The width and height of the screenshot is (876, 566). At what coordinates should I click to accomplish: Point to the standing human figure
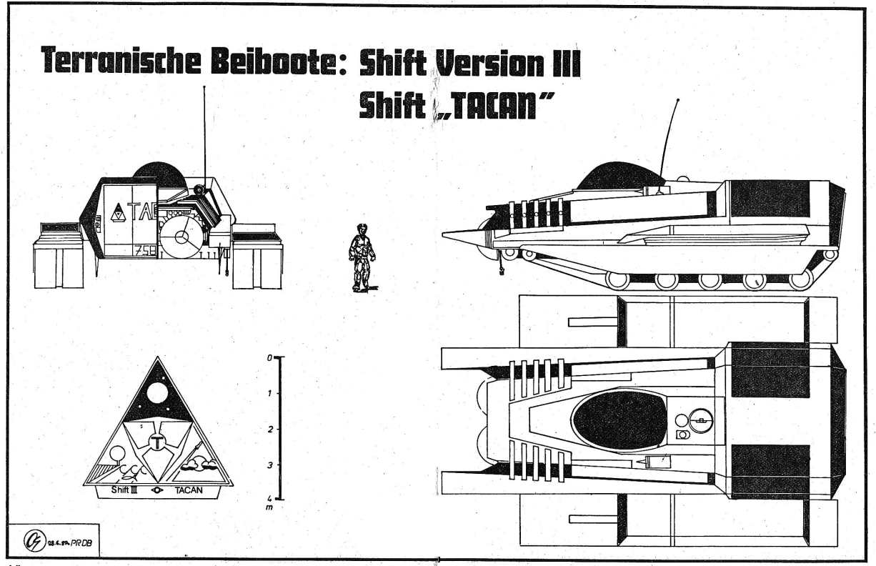pos(361,257)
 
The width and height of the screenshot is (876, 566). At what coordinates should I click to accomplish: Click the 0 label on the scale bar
pos(269,357)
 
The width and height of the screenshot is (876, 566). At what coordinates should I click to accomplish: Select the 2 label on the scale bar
pos(269,429)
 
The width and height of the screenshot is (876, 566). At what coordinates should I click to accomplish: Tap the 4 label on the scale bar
pos(269,498)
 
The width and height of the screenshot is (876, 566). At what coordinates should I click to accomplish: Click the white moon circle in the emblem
pos(157,392)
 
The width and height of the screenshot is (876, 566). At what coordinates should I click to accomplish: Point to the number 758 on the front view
pos(144,252)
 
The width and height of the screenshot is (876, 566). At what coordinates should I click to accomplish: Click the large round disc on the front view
pos(181,236)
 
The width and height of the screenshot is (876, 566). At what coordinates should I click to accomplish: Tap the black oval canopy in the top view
pos(612,421)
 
